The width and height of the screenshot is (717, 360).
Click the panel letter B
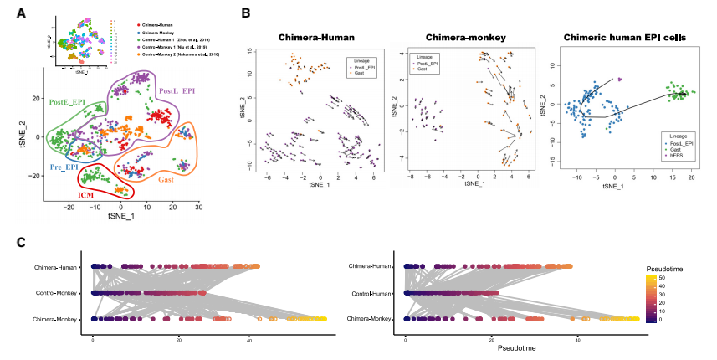[x=244, y=13]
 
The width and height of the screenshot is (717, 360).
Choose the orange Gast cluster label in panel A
[x=166, y=178]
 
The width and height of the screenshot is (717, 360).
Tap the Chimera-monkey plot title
[x=460, y=38]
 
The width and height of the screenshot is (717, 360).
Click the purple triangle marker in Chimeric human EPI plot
[x=620, y=79]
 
